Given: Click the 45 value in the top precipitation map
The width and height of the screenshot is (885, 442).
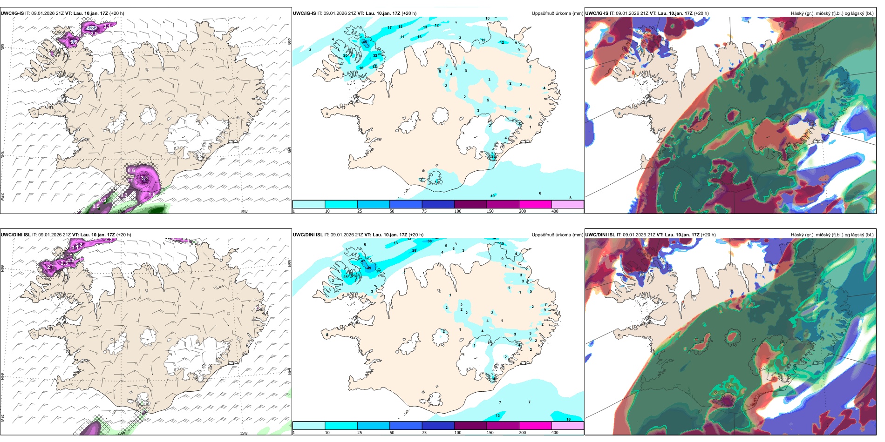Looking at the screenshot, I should click(365, 42).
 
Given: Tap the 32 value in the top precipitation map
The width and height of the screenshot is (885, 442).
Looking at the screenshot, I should click(375, 55).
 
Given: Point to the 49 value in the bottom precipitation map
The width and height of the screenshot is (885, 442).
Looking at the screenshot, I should click(369, 268).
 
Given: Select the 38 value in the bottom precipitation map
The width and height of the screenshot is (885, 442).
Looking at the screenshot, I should click(429, 241).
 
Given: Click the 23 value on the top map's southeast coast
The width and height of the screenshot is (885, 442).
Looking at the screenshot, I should click(493, 157).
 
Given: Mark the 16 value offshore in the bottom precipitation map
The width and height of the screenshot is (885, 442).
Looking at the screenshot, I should click(568, 419).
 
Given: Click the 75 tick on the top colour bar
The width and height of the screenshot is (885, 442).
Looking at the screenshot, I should click(424, 211).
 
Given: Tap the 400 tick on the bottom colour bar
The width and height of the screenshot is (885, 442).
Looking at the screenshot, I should click(555, 433).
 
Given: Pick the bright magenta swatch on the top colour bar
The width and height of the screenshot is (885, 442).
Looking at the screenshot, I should click(535, 204).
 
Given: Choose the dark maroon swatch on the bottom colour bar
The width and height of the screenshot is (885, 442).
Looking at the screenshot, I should click(470, 426).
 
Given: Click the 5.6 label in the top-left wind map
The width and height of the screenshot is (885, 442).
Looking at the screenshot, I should click(74, 42).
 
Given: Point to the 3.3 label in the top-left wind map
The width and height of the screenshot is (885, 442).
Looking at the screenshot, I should click(144, 178).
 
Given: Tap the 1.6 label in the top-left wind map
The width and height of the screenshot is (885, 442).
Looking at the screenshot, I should click(151, 195).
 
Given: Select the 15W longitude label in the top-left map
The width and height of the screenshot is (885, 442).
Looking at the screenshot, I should click(243, 212).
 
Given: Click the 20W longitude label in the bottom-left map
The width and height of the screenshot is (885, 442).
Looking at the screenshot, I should click(121, 433).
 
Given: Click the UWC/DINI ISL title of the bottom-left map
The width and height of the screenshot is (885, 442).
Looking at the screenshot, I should click(15, 235).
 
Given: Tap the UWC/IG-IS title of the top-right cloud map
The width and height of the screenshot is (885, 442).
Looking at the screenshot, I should click(597, 13).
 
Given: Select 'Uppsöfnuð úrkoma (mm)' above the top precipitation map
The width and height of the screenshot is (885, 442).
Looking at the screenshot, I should click(557, 13).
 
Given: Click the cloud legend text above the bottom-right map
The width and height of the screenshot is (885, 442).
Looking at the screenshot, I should click(832, 235).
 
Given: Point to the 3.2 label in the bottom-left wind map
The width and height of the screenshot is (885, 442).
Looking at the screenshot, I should click(79, 245).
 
